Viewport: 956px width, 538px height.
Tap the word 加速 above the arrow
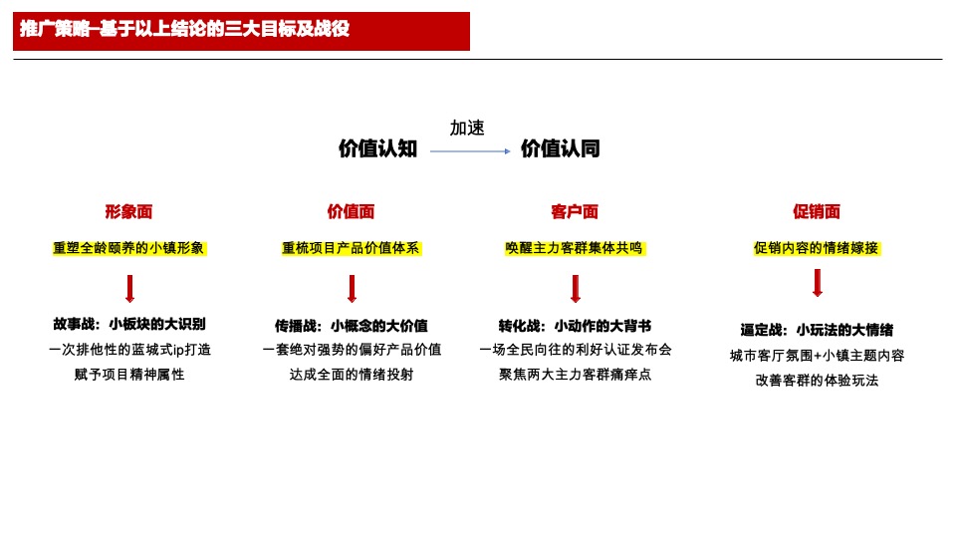coord(467,128)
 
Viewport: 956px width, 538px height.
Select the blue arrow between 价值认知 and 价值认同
coord(470,151)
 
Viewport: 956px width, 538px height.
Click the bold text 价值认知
coord(377,149)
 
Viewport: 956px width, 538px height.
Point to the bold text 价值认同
coord(561,149)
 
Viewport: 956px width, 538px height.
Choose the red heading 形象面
coord(129,211)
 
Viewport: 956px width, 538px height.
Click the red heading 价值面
coord(352,211)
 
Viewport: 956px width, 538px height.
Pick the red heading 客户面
coord(575,211)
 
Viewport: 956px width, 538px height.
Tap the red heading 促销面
coord(817,211)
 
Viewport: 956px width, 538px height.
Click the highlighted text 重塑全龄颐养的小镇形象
coord(129,248)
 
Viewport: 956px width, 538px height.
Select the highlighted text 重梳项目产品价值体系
coord(352,248)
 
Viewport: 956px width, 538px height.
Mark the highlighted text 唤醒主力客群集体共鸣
coord(575,248)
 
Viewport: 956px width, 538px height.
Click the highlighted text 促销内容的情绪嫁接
coord(817,248)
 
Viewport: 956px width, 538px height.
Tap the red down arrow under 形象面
coord(129,289)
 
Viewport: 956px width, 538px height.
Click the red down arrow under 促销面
coord(818,283)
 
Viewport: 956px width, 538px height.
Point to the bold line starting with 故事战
coord(129,325)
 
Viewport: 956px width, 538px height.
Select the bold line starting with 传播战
coord(352,326)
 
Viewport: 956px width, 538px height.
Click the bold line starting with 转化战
coord(575,326)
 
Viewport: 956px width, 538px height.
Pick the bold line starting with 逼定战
coord(817,330)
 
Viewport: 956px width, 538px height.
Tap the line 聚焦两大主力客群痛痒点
coord(575,375)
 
